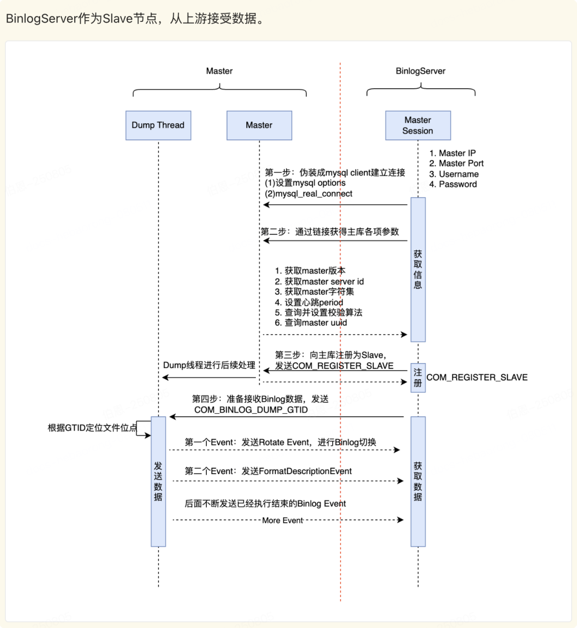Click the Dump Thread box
click(158, 125)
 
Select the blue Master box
click(259, 125)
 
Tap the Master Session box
click(418, 125)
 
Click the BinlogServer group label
click(420, 71)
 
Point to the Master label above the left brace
click(219, 71)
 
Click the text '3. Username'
click(454, 174)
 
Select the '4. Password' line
click(453, 184)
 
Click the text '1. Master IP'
click(452, 153)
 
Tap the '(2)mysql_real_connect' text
click(309, 194)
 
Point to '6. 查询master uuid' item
click(311, 323)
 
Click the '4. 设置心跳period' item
click(309, 302)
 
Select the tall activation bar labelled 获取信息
click(418, 269)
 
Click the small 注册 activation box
click(418, 378)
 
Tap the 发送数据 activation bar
click(158, 481)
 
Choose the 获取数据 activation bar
click(418, 481)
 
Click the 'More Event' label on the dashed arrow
click(283, 520)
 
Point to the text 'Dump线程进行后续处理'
click(209, 365)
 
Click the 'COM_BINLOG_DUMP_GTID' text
click(251, 410)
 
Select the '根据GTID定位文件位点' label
click(92, 428)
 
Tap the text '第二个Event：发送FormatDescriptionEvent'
click(268, 471)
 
